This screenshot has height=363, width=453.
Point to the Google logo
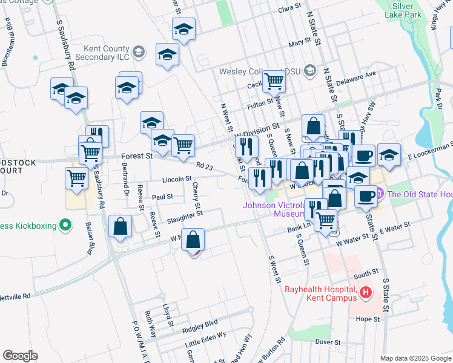(x=20, y=356)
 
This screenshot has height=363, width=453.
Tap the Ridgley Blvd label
(x=200, y=324)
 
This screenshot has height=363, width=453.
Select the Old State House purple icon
(x=380, y=194)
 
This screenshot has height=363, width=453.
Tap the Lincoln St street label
(x=177, y=179)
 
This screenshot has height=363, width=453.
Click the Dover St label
(x=328, y=342)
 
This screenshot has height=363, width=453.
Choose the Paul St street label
(x=162, y=197)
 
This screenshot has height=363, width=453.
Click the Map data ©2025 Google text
(x=415, y=358)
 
